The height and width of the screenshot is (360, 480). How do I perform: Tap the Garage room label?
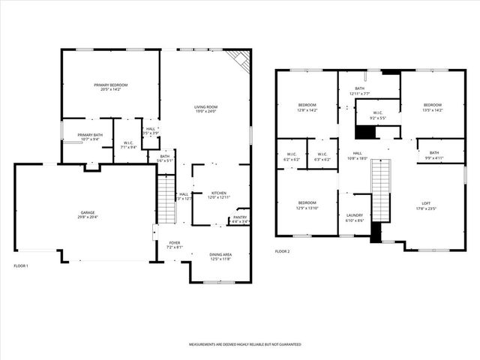tap(88, 214)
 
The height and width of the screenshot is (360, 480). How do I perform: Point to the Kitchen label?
tap(218, 193)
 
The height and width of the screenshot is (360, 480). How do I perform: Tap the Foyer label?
tap(174, 244)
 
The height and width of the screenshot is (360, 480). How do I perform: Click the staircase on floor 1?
tap(166, 199)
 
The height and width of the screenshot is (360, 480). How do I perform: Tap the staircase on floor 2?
tap(381, 190)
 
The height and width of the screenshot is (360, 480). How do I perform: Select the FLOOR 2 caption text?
tap(282, 251)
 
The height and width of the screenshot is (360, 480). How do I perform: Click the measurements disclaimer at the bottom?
tap(244, 344)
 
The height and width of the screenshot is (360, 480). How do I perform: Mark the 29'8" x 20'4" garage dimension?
tap(88, 217)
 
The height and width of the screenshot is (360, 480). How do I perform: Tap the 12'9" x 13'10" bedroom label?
tap(307, 207)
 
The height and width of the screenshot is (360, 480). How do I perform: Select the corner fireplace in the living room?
tap(241, 59)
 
